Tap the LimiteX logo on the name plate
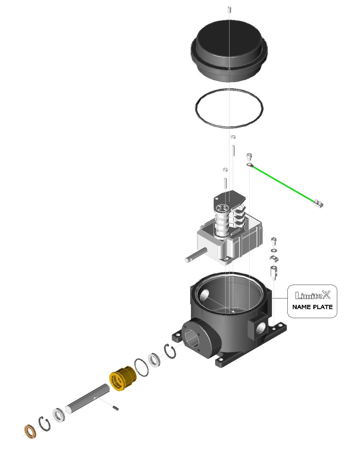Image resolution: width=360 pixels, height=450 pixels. point(312,295)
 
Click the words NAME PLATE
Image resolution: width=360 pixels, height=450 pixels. point(312,307)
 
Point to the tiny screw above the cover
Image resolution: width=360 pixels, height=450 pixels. point(229,10)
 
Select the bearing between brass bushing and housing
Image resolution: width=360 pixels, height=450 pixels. point(154,360)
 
